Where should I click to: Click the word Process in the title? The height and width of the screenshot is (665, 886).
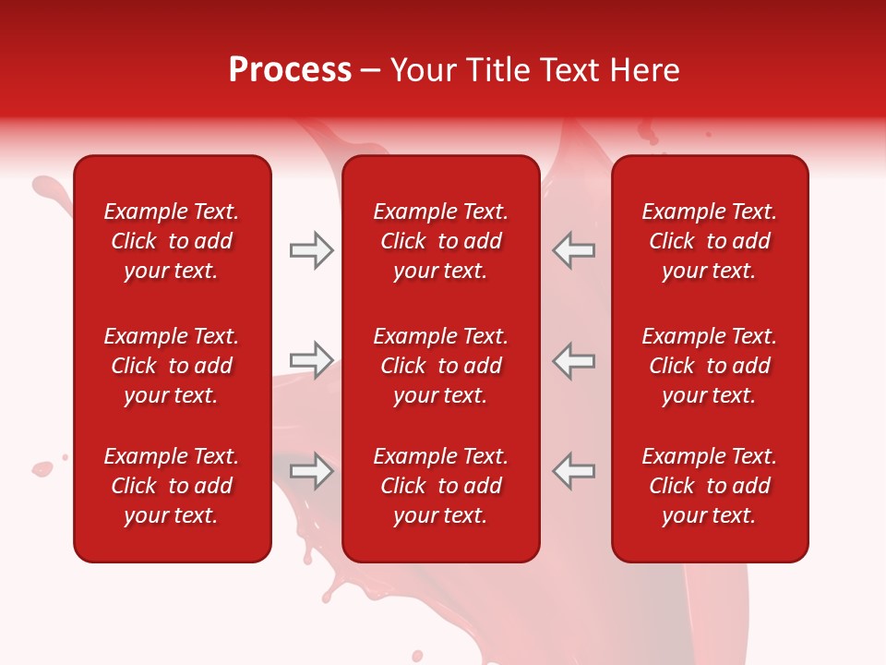[x=290, y=70]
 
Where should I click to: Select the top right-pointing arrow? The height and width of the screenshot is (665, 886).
[x=311, y=250]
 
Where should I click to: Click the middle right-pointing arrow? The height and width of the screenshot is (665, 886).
[x=311, y=360]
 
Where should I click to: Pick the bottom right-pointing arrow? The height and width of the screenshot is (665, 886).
[x=311, y=471]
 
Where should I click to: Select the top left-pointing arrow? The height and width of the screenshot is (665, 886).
[x=574, y=250]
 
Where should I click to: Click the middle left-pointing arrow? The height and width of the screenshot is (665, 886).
[x=574, y=360]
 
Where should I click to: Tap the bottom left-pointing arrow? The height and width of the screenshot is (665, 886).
[x=574, y=471]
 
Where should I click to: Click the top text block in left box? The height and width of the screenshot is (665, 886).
[x=172, y=241]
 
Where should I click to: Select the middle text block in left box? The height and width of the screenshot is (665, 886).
[x=172, y=366]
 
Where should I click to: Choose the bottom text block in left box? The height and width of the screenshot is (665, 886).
[x=172, y=486]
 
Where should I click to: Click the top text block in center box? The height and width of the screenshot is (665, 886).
[x=441, y=241]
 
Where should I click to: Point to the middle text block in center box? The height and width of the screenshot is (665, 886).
[x=441, y=366]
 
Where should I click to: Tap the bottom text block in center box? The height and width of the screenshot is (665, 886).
[x=441, y=486]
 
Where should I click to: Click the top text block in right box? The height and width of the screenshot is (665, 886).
[x=710, y=241]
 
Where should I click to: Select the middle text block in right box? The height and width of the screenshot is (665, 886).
[x=710, y=366]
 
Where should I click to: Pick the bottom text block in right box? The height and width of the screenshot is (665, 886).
[x=710, y=486]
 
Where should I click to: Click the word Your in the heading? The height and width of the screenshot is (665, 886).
[x=423, y=70]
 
